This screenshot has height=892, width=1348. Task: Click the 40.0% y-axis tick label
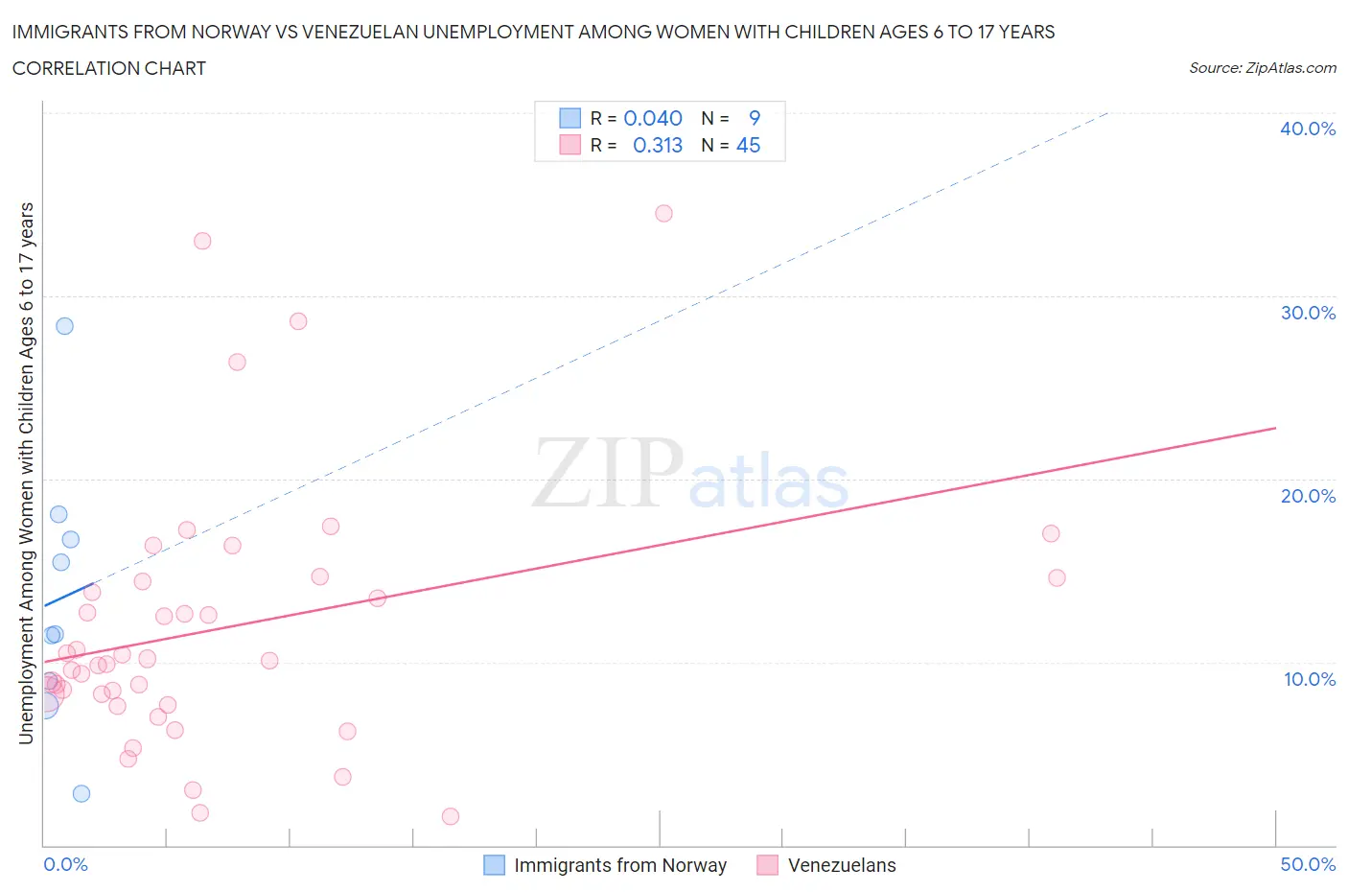(1307, 129)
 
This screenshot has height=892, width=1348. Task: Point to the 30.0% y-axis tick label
(1307, 313)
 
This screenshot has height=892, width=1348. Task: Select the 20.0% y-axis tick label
(1307, 496)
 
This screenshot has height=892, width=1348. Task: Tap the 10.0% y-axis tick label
(1309, 679)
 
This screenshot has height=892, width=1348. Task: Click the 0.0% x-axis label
(65, 864)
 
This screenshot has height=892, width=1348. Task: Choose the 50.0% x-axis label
(1307, 864)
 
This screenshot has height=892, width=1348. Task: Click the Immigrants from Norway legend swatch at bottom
(494, 865)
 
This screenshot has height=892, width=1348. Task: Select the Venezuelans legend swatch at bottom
(767, 865)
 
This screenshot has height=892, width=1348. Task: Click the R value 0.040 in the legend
(653, 118)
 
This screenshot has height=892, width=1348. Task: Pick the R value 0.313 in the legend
(658, 145)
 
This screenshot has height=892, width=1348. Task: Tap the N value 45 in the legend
(748, 145)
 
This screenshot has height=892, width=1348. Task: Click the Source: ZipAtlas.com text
(1262, 67)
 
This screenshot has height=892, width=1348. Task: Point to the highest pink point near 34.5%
(663, 213)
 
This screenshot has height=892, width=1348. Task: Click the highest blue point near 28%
(64, 325)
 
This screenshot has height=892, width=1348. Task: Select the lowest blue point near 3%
(81, 793)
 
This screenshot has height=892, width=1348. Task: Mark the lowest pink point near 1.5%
(451, 816)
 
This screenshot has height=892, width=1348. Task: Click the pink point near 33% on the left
(202, 241)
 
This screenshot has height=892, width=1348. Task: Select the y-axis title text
(26, 473)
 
